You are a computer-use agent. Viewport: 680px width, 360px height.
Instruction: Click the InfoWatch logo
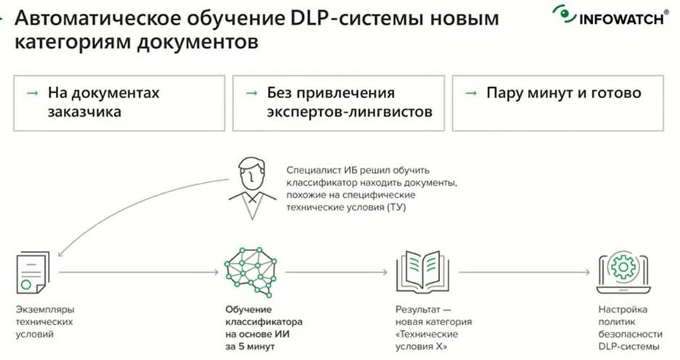610,16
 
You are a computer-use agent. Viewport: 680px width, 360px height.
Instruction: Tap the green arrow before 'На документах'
33,93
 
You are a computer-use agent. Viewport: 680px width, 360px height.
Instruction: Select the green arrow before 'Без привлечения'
252,93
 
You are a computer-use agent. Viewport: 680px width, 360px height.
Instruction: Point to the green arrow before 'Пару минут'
472,93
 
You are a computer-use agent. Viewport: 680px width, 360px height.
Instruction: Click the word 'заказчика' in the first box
84,112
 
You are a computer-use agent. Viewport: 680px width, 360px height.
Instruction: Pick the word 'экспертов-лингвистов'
350,112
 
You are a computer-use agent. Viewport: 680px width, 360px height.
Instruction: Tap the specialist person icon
253,188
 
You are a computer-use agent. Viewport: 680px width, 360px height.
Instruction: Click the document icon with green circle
33,273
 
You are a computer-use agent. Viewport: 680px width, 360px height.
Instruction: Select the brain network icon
250,272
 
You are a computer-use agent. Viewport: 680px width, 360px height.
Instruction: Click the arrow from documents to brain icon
139,272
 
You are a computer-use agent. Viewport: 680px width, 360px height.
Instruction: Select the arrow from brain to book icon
336,272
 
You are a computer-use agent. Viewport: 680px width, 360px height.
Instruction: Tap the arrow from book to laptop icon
525,272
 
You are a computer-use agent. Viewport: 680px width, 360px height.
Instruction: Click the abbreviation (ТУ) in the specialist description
396,208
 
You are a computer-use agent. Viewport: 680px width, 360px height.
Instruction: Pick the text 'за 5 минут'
250,346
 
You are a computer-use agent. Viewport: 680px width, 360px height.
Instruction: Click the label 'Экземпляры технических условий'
45,322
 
